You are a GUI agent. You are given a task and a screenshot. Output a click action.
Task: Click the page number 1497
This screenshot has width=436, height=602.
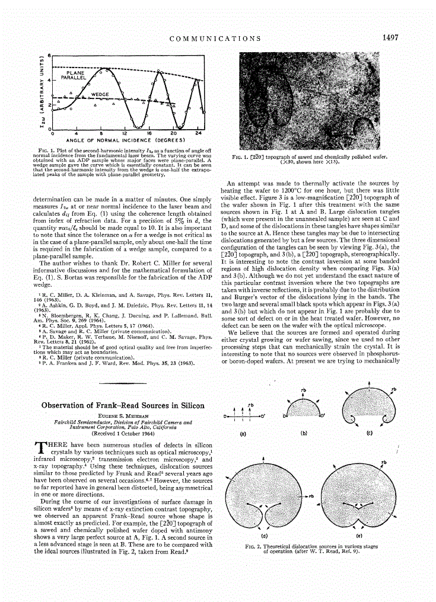point(390,37)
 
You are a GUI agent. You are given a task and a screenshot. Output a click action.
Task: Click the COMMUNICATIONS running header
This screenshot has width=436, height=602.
point(215,39)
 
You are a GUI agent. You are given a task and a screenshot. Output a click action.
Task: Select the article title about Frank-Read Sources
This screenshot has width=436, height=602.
point(123,406)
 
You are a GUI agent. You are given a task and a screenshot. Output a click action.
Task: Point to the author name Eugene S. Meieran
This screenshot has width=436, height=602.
point(123,417)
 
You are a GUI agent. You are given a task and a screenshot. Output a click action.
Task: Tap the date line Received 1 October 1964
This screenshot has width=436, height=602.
point(123,433)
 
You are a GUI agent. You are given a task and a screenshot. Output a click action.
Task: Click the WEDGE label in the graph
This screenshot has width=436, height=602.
point(99,94)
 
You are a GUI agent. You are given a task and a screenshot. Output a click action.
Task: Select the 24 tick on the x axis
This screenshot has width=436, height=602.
point(198,134)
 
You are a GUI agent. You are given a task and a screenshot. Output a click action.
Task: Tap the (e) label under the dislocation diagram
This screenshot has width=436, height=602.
point(360,534)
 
